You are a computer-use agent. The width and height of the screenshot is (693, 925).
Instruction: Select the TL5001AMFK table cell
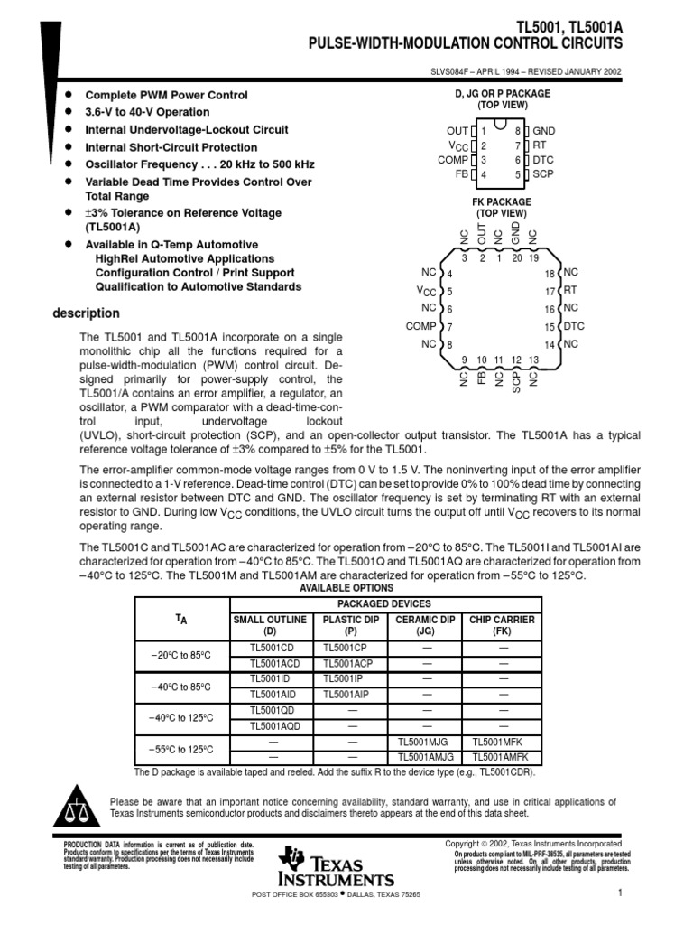click(x=504, y=756)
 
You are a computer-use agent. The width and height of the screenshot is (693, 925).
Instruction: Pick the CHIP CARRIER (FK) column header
click(x=504, y=625)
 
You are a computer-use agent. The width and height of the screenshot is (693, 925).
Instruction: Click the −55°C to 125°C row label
click(x=182, y=749)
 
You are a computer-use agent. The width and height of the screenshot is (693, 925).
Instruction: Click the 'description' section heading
click(x=86, y=313)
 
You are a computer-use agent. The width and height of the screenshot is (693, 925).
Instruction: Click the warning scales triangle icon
click(x=79, y=804)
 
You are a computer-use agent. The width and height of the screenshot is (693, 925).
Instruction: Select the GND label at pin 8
click(x=544, y=131)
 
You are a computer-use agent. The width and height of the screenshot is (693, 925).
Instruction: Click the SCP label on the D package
click(x=543, y=174)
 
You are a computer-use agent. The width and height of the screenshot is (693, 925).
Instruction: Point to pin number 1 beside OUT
click(x=484, y=131)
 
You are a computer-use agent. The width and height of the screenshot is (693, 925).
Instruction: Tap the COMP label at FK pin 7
click(x=420, y=326)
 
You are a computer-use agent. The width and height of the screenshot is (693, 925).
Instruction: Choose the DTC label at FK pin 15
click(x=574, y=326)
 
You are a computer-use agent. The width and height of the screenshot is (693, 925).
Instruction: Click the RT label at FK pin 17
click(x=569, y=290)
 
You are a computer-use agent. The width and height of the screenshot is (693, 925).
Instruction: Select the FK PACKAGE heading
click(x=502, y=201)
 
